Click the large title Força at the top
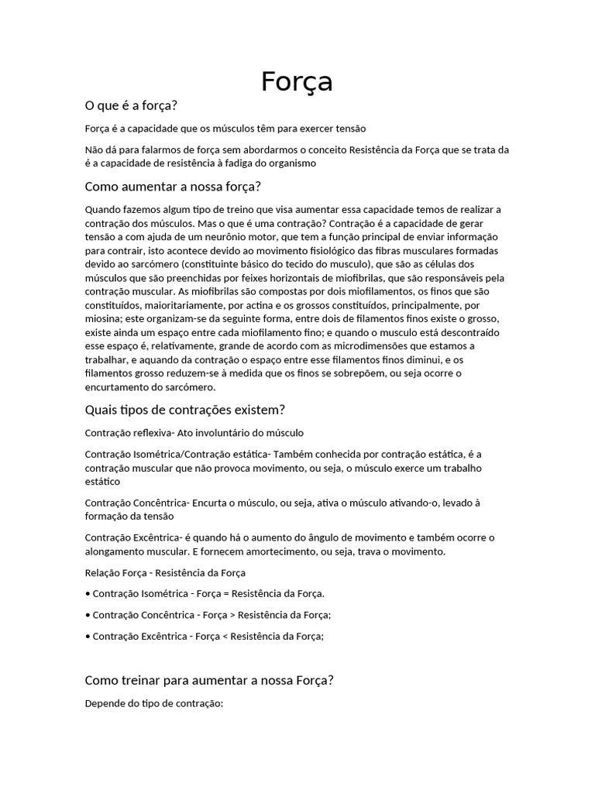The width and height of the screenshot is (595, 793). [x=297, y=81]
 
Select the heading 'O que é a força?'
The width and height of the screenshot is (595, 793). [x=136, y=105]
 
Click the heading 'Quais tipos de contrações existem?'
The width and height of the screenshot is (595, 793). [x=185, y=409]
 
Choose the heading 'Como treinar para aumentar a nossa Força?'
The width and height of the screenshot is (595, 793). [x=209, y=680]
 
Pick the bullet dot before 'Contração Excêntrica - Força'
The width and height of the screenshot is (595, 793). [x=87, y=637]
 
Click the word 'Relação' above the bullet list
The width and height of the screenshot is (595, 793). [x=103, y=573]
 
